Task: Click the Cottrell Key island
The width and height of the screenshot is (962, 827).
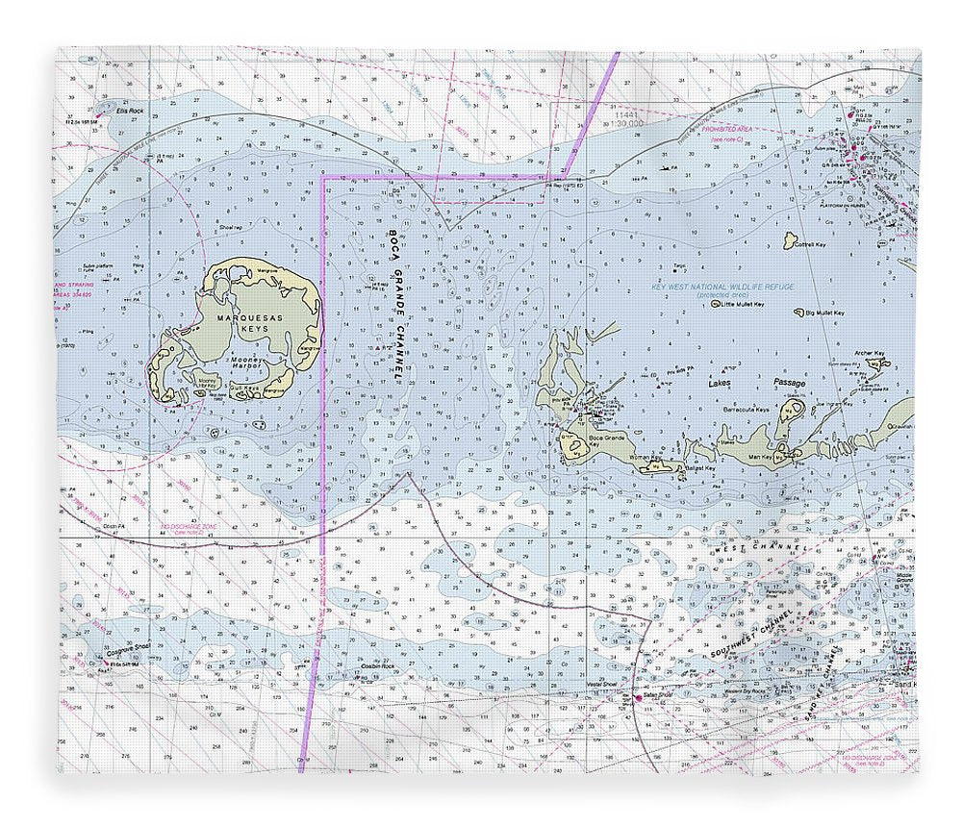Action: [x=790, y=238]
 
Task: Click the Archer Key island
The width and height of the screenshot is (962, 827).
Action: [x=876, y=363]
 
